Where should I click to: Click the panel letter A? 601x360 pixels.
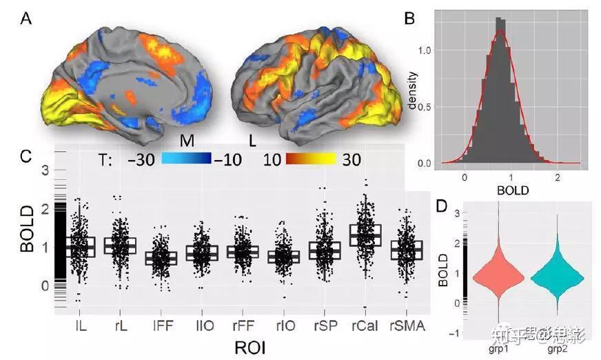click(26, 19)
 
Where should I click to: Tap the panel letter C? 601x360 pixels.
click(25, 156)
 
